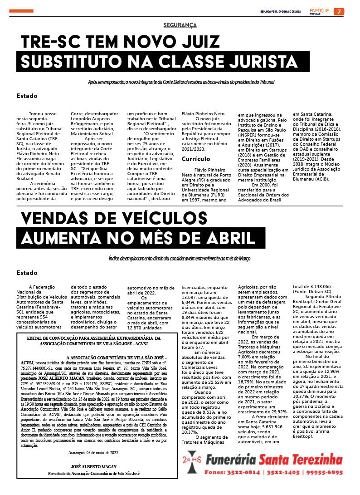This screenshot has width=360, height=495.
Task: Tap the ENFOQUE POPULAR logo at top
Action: tap(320, 11)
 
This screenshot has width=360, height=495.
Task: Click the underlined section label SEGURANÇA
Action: tap(180, 25)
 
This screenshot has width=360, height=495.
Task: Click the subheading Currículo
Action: tap(196, 159)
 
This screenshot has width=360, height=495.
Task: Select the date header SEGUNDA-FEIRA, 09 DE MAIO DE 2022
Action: tap(281, 11)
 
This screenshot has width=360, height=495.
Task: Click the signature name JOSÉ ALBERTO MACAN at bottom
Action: tap(94, 466)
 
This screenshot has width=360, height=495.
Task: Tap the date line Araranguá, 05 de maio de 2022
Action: tap(93, 452)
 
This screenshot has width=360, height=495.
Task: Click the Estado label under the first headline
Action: tap(27, 96)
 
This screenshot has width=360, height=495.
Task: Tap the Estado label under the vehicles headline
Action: tap(27, 273)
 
